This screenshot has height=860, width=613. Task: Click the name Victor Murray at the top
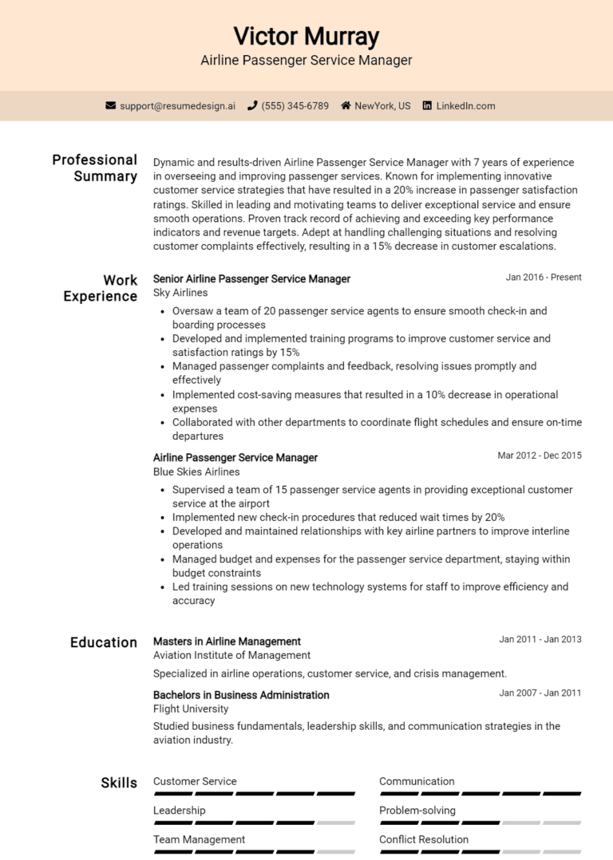[306, 36]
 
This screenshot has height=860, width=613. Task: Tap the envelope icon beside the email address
[110, 105]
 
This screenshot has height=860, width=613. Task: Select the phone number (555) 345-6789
[295, 105]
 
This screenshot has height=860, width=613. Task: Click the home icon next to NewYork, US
[346, 105]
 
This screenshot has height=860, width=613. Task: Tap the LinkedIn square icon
[427, 105]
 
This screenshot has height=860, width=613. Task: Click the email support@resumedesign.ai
[177, 105]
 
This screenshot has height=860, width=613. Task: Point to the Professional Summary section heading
[95, 168]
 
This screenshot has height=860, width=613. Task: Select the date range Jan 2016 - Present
[544, 278]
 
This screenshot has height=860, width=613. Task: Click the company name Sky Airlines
[180, 293]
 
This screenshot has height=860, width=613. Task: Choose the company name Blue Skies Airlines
[196, 471]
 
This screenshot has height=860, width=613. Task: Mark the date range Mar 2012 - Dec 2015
[540, 456]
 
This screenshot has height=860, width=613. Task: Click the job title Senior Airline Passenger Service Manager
[251, 278]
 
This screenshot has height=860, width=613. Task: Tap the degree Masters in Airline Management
[227, 641]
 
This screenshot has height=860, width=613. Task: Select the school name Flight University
[191, 708]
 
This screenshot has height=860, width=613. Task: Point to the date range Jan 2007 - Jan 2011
[540, 693]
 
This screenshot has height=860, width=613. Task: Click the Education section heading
[104, 642]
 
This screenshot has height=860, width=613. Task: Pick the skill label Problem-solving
[417, 811]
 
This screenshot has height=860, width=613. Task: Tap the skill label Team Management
[199, 839]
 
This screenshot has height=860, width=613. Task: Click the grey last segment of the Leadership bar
[336, 823]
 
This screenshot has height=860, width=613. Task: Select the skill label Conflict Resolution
[424, 839]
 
